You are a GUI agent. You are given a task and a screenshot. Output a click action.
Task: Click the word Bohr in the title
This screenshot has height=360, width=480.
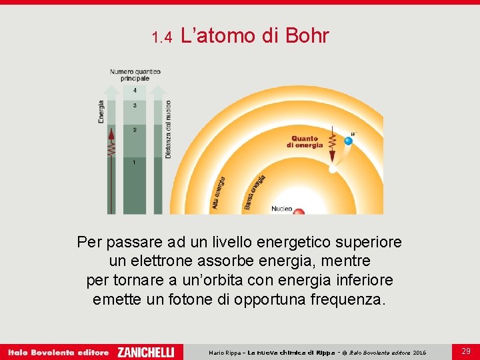click(307, 36)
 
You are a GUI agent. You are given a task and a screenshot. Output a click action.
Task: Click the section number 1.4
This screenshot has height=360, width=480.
click(162, 37)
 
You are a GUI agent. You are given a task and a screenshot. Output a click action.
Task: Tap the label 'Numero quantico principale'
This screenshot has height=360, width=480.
click(135, 75)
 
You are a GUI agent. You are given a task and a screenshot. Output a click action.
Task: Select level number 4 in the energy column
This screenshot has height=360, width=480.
click(135, 89)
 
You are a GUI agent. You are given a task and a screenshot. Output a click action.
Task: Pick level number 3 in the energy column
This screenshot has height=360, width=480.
click(135, 105)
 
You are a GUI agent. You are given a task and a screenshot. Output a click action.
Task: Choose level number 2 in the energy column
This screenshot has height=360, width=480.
click(135, 129)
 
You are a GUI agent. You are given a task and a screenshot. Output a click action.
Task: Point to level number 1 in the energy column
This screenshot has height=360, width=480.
click(135, 162)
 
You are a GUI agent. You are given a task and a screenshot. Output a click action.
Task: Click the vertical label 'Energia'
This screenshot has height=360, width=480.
click(101, 112)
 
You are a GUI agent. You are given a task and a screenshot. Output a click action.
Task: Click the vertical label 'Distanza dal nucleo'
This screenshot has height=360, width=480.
click(169, 129)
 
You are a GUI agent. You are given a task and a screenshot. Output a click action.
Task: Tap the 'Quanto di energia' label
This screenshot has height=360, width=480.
click(305, 142)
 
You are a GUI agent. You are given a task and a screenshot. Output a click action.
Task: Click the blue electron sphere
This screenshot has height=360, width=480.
click(347, 141)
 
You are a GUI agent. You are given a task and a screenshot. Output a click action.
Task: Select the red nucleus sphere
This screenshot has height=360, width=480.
click(299, 211)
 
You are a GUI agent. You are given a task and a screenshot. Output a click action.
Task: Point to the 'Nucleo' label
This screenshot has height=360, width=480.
click(281, 209)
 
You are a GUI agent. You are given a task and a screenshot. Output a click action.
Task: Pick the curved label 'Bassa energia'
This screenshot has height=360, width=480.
click(255, 192)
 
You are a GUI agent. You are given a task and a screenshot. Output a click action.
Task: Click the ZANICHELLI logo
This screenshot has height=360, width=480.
click(145, 351)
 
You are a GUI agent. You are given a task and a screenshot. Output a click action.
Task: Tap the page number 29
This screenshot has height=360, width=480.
click(466, 351)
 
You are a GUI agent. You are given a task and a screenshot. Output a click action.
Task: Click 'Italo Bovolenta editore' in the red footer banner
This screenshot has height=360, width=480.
click(58, 351)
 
